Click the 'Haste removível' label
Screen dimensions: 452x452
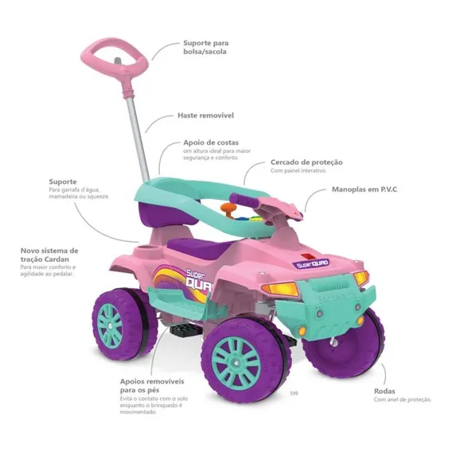[x=205, y=115]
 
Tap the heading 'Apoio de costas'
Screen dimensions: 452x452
[x=211, y=142]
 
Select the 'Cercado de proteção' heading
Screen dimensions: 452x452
[x=306, y=162]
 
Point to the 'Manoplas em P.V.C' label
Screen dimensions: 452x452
[x=364, y=189]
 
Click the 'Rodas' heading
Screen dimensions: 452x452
[x=384, y=392]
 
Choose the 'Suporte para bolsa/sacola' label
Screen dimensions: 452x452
[x=206, y=47]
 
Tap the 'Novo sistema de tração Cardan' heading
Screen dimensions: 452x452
[x=49, y=255]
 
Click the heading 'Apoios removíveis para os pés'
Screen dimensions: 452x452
[x=152, y=386]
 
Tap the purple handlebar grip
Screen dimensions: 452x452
[x=243, y=200]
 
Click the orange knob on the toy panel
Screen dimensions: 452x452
[x=228, y=208]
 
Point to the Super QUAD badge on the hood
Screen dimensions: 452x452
[x=310, y=263]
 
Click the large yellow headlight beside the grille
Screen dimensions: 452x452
[x=280, y=288]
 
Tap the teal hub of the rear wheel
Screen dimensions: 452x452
[x=109, y=325]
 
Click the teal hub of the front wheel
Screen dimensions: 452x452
[x=236, y=362]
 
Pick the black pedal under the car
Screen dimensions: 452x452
[x=179, y=329]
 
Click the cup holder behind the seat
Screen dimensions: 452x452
[x=148, y=248]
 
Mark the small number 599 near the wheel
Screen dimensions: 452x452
[x=294, y=393]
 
